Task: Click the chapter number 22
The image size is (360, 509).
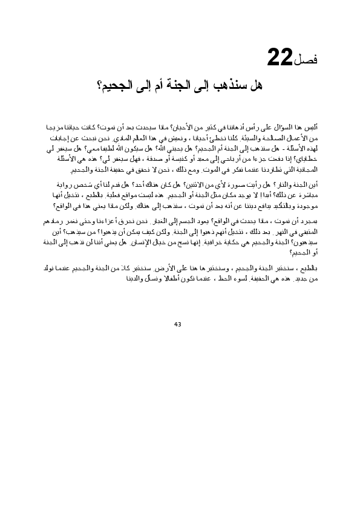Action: point(281,59)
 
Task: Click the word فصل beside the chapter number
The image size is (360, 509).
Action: point(309,60)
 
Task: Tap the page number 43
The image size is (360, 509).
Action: point(177,325)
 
